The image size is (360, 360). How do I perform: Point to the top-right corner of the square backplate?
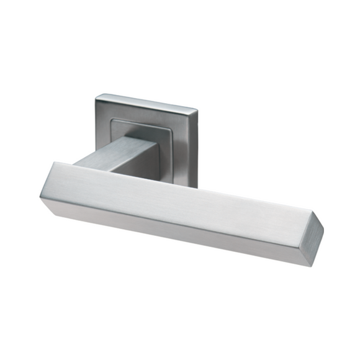pyautogui.click(x=197, y=110)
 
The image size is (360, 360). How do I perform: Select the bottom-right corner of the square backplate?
pyautogui.click(x=197, y=187)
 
